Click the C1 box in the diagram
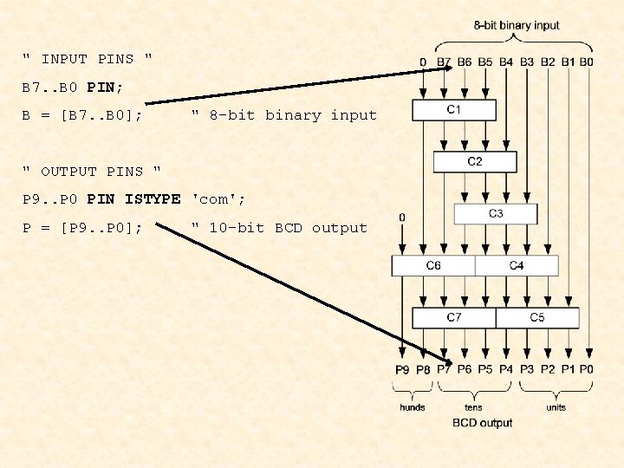coord(454,110)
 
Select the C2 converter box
coord(475,162)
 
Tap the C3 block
coord(496,214)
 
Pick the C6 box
coord(433,265)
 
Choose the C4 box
coord(517,265)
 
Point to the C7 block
coord(454,318)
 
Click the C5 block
coord(537,318)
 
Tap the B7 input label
coord(444,62)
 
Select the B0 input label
coord(587,62)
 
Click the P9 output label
coord(402,370)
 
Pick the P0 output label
coord(587,370)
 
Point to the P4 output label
coord(505,370)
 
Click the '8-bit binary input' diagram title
coord(517,26)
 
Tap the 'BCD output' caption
coord(483,423)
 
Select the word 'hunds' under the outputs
coord(413,406)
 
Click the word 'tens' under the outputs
coord(473,406)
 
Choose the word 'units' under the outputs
coord(556,406)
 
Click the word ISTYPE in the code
coord(153,199)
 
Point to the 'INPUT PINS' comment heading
coord(88,60)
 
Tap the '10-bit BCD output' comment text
coord(279,228)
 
